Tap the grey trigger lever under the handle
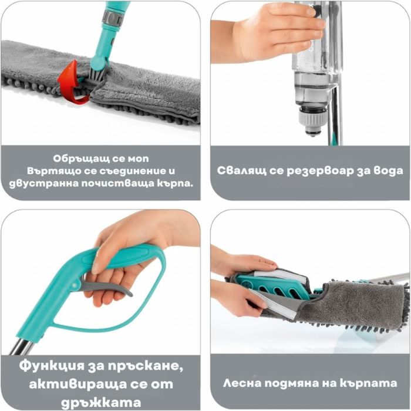click(x=105, y=288)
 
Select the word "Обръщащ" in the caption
click(x=70, y=159)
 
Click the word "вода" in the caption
click(x=388, y=171)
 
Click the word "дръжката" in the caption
click(x=100, y=403)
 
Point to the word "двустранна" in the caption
click(x=43, y=184)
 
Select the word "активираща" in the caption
click(x=72, y=385)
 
